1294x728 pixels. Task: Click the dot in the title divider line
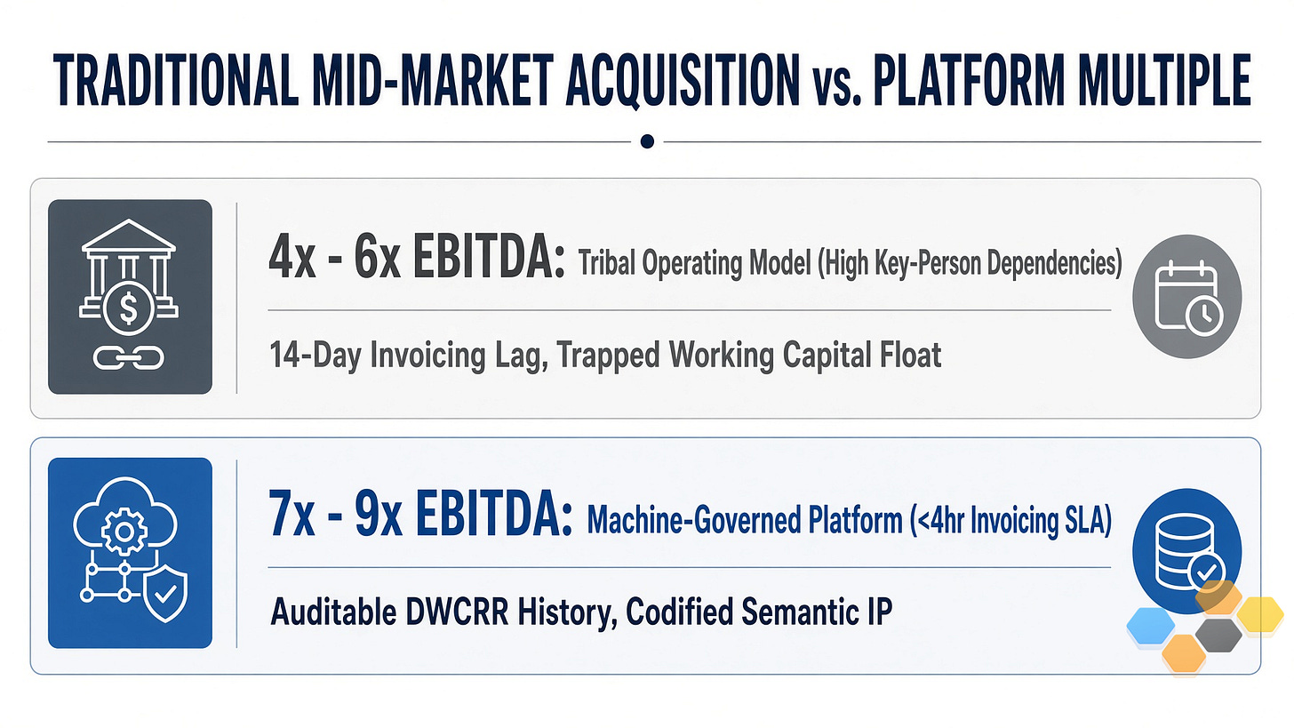(x=647, y=141)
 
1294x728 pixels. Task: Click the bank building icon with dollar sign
(x=129, y=277)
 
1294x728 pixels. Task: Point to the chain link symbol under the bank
(x=129, y=358)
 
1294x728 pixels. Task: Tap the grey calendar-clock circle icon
(x=1187, y=296)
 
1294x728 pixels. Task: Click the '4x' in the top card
(x=292, y=258)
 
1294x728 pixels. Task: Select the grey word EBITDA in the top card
(x=489, y=258)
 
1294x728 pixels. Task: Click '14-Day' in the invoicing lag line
(x=316, y=354)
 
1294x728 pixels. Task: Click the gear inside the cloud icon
(x=124, y=531)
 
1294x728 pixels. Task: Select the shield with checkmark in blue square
(x=165, y=594)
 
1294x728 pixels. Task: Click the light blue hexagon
(x=1150, y=626)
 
